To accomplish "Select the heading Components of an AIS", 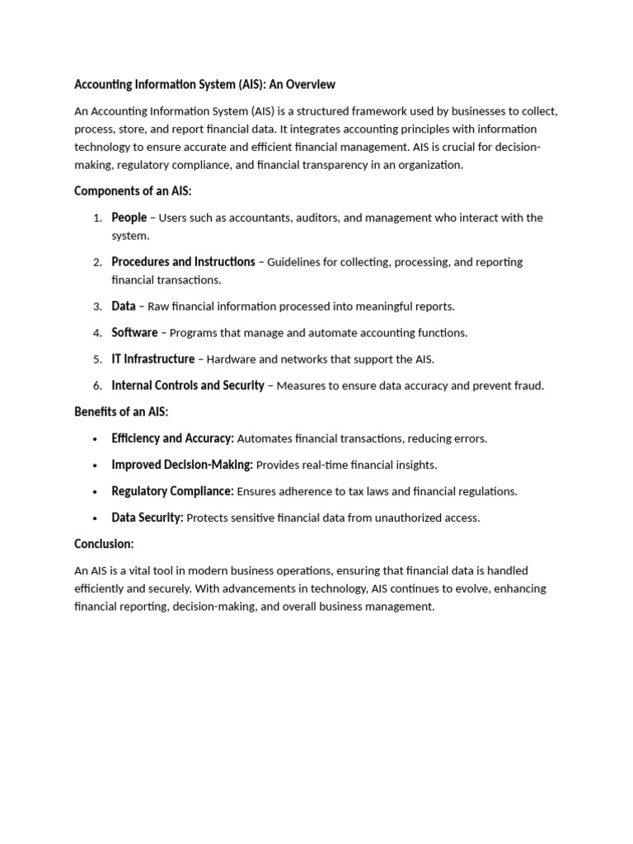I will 133,190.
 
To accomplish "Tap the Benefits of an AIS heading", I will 121,411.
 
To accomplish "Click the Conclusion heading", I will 104,544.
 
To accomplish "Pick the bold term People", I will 129,218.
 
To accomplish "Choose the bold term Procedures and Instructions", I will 183,261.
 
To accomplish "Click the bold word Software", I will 134,332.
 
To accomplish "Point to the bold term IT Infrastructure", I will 153,359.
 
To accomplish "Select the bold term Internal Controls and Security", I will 188,385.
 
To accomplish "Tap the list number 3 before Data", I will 96,307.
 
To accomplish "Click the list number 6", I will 96,386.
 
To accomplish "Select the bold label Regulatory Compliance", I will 172,491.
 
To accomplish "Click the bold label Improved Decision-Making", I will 182,465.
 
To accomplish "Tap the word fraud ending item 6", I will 527,386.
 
